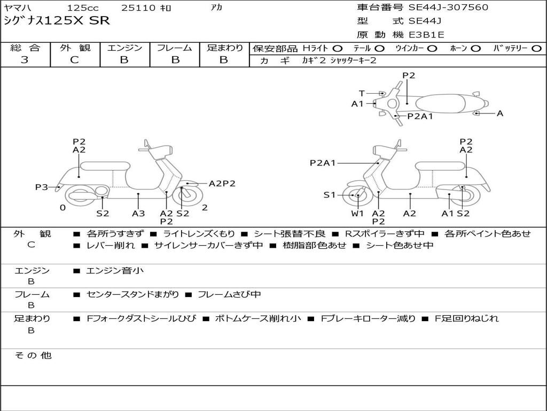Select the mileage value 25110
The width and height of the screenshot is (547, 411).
point(138,8)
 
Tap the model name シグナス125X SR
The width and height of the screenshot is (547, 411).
point(57,21)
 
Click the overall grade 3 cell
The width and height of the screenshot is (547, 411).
point(25,60)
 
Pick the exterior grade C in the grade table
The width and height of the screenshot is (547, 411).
point(75,60)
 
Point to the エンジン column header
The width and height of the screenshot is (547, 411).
point(125,48)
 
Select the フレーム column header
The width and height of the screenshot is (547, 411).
point(174,48)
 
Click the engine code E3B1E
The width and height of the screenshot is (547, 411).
point(426,35)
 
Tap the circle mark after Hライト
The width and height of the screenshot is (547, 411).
point(338,49)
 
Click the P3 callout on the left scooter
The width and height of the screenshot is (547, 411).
point(42,187)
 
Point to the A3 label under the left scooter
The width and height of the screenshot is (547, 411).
point(138,213)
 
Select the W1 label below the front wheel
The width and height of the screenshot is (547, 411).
point(357,213)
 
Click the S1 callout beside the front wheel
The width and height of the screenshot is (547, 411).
point(330,195)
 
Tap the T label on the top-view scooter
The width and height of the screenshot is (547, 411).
point(362,93)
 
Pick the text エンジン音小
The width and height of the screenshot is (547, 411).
point(115,271)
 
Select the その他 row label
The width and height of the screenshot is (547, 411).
point(33,355)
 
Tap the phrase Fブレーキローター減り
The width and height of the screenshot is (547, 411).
point(368,318)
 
